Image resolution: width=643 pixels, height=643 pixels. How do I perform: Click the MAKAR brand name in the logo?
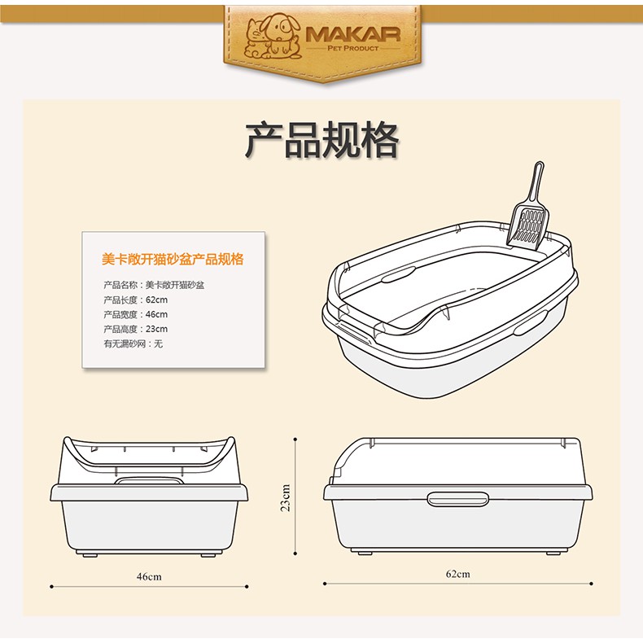pos(353,34)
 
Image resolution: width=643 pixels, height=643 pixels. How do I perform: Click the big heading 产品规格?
pos(321,139)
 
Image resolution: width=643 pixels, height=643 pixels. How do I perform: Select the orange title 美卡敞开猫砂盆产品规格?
pos(173,259)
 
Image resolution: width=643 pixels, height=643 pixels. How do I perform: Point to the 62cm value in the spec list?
pos(156,300)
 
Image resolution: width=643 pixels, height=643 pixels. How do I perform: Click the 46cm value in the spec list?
pos(156,314)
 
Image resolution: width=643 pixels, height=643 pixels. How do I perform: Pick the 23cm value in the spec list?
pos(156,329)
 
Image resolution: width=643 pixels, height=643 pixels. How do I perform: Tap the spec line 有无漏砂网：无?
pos(133,343)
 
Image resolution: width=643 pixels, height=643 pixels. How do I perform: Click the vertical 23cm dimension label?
pos(286,497)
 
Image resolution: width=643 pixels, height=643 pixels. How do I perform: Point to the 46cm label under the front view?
pos(149,576)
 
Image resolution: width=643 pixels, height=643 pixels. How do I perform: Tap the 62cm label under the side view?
pos(458,574)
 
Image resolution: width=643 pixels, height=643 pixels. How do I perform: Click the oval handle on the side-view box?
pos(457,499)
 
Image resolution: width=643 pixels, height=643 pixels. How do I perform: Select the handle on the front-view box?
pos(149,480)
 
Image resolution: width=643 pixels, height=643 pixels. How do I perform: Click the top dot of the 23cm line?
pos(295,440)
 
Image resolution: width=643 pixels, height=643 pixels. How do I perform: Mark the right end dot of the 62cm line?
pos(592,583)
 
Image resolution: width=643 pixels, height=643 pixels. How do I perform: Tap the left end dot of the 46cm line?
pos(51,586)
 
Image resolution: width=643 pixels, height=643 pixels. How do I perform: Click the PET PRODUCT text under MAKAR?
pos(353,48)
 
